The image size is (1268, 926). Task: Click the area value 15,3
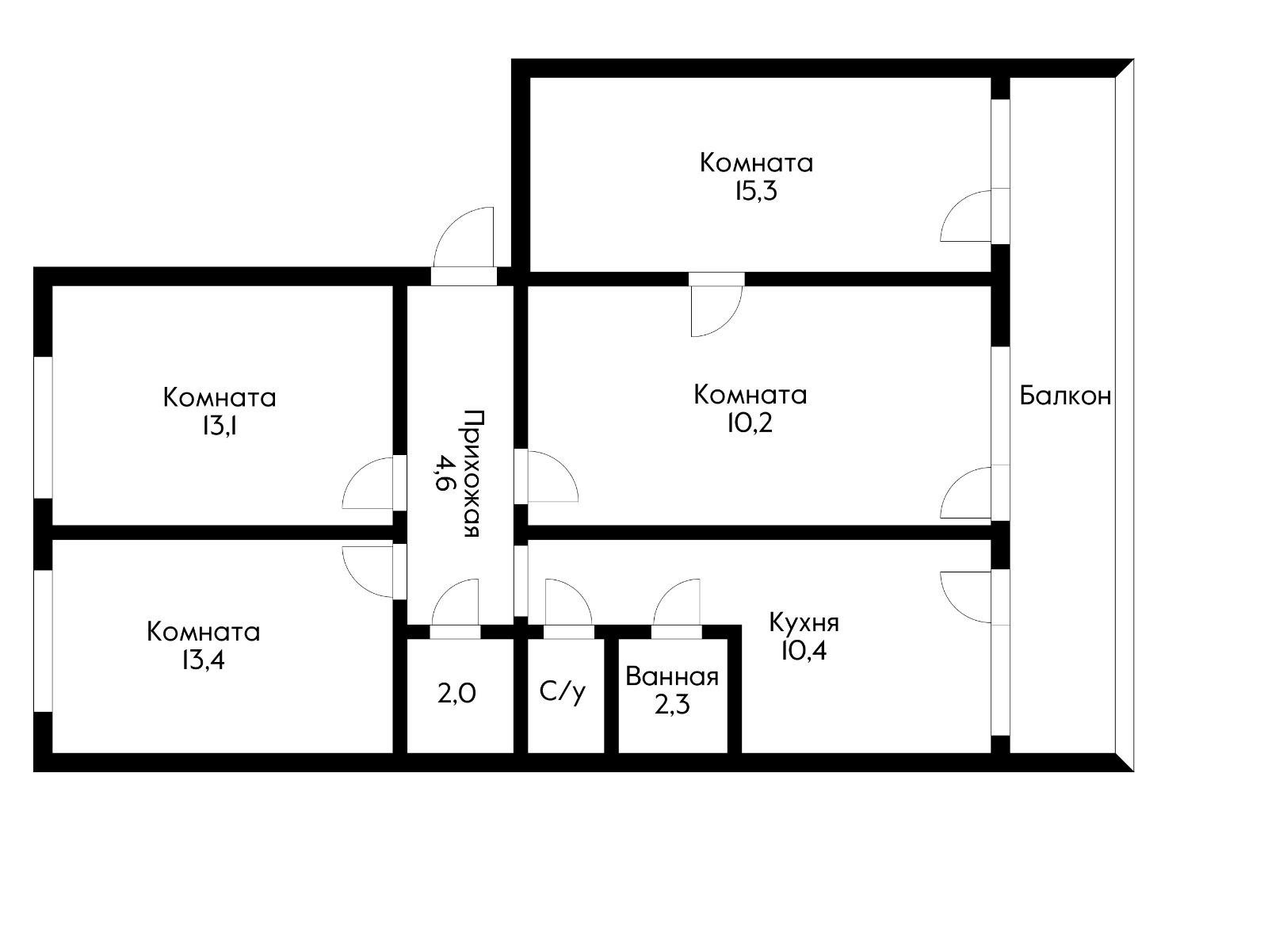click(x=755, y=191)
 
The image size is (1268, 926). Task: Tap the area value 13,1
click(x=220, y=426)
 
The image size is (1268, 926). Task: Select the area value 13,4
click(x=203, y=660)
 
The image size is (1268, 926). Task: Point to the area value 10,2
click(x=749, y=423)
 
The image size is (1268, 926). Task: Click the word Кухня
click(x=804, y=622)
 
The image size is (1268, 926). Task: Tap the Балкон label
click(x=1065, y=396)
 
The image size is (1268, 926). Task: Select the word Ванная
click(x=672, y=677)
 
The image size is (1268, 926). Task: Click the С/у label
click(x=563, y=692)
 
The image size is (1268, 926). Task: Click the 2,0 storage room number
click(x=457, y=694)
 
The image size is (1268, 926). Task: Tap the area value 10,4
click(x=804, y=651)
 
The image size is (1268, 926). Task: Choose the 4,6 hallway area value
click(x=445, y=473)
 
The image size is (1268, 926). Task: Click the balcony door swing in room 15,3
click(x=965, y=216)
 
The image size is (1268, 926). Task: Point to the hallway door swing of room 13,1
click(x=369, y=484)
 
